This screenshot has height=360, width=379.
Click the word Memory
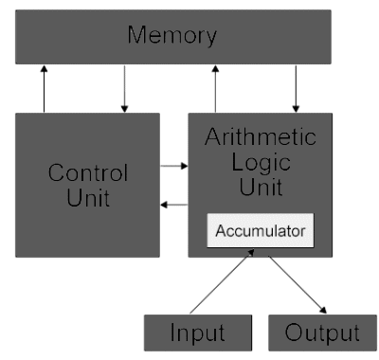(x=172, y=36)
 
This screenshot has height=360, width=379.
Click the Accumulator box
(x=260, y=230)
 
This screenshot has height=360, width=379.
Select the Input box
(x=198, y=333)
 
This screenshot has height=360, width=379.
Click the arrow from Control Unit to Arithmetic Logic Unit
(x=173, y=166)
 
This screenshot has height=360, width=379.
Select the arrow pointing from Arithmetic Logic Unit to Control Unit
(x=173, y=204)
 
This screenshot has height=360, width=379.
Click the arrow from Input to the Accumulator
(x=220, y=282)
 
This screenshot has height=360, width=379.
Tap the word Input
(x=198, y=333)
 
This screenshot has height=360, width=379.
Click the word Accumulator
(x=260, y=230)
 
